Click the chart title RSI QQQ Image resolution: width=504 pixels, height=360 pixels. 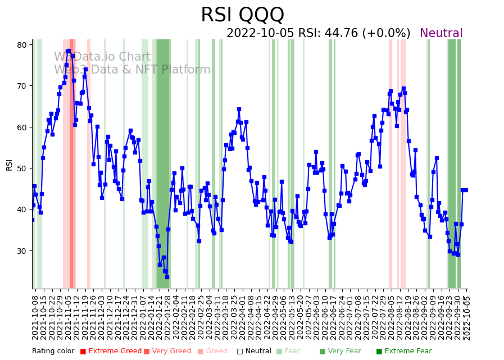point(242,15)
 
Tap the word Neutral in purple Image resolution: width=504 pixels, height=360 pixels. point(441,34)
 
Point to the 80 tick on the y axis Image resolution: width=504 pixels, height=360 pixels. point(23,45)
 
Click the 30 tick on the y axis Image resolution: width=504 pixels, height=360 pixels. point(23,250)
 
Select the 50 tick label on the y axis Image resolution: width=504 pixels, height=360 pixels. point(23,168)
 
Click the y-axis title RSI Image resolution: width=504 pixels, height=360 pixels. point(9,164)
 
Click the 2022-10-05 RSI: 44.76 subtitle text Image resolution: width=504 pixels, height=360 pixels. point(318,34)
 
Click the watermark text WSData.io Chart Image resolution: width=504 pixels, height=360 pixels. point(102,57)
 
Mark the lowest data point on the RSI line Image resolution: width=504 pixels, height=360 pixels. point(167,277)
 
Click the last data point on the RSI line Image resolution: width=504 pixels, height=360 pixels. point(465,190)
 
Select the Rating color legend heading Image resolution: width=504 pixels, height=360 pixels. point(53,352)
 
